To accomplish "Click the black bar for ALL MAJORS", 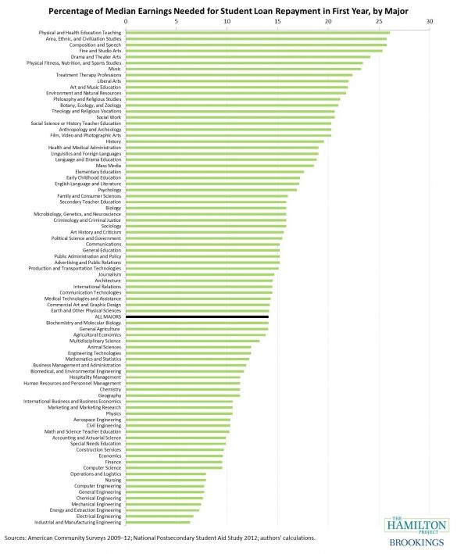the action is (x=197, y=317).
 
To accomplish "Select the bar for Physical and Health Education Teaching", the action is (x=258, y=33).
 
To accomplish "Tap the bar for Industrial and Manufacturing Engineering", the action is (x=158, y=522).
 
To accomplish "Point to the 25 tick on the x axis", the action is (x=379, y=21).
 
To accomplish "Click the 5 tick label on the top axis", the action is (x=177, y=21).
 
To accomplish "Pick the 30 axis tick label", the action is (x=430, y=21).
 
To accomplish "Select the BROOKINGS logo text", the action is (x=416, y=542).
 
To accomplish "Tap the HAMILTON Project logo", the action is (x=416, y=525).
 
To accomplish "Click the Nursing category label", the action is (x=113, y=480).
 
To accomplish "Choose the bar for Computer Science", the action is (x=174, y=468).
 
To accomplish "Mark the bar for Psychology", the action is (x=211, y=190).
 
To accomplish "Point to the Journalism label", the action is (x=110, y=274).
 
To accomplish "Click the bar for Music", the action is (x=243, y=69).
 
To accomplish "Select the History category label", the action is (x=113, y=141).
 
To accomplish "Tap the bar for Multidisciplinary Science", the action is (x=192, y=341).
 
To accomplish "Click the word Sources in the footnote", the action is (x=15, y=538).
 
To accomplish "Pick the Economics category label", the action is (x=110, y=456).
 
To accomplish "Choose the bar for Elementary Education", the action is (x=215, y=172).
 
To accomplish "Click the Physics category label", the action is (x=113, y=413).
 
